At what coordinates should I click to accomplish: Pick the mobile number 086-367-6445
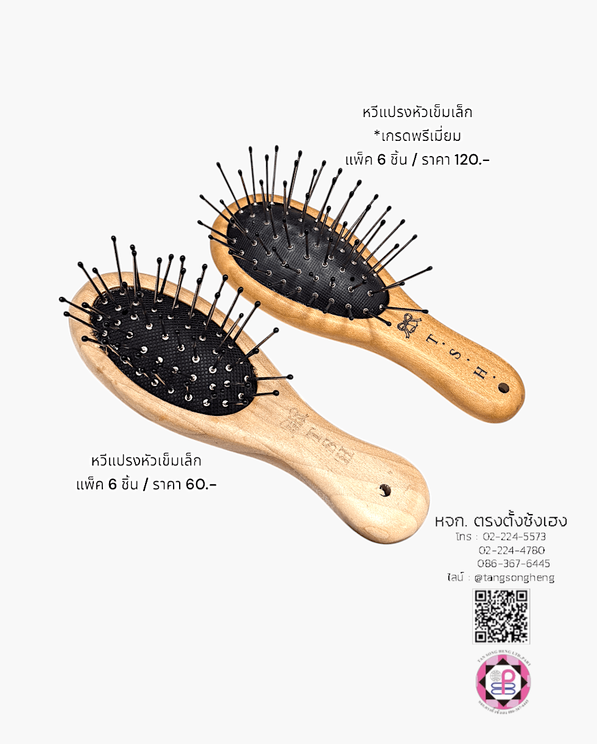(x=514, y=563)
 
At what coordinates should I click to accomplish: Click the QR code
(x=501, y=616)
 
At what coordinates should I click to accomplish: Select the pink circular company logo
(x=503, y=681)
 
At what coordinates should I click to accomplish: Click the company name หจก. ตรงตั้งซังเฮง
(x=501, y=521)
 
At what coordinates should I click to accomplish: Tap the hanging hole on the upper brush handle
(x=503, y=388)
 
